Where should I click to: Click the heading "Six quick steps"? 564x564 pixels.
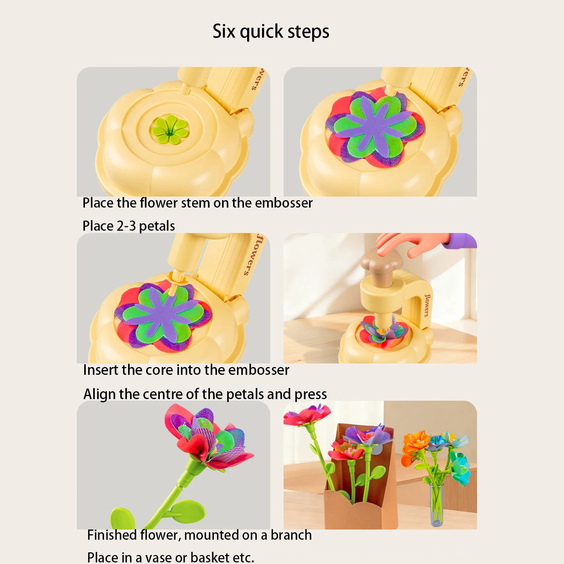pos(271,31)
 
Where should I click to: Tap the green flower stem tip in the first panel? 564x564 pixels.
pos(170,128)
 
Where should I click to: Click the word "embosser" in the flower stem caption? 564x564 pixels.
pos(284,203)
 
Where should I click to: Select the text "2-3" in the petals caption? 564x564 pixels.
pos(126,226)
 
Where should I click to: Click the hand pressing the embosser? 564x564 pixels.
pos(411,243)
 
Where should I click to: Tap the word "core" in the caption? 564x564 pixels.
pos(159,370)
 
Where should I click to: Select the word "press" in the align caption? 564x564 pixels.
pos(311,394)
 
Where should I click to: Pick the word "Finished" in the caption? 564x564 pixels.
pos(112,535)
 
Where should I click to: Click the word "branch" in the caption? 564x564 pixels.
pos(291,535)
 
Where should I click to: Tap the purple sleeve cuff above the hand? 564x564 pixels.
pos(462,240)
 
